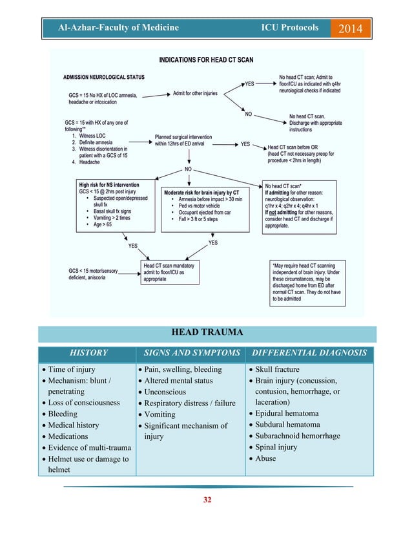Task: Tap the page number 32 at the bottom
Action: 206,500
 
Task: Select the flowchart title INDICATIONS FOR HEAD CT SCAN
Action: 207,59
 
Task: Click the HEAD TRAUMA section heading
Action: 207,333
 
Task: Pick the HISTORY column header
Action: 88,353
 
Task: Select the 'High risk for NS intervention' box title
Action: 109,185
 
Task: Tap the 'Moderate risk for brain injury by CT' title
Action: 201,193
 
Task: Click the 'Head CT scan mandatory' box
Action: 169,265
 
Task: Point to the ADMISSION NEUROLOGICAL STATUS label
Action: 104,77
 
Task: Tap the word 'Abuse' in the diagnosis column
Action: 265,458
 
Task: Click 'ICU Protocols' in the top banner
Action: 289,28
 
